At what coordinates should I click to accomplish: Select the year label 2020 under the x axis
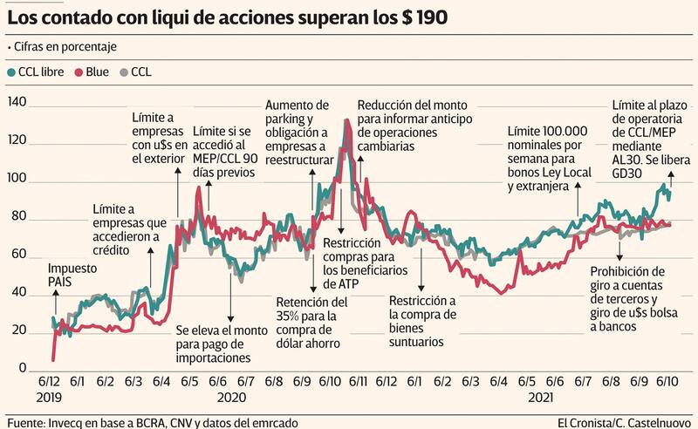(x=230, y=397)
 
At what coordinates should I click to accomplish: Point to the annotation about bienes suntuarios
(x=423, y=321)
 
